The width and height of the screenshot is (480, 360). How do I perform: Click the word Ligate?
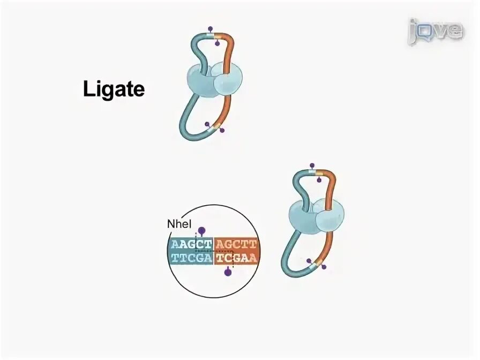pos(114,89)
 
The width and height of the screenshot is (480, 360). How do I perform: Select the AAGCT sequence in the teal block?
pos(191,245)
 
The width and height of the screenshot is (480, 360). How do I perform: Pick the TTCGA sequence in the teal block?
pos(191,258)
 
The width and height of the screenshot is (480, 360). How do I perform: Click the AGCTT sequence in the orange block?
pos(236,245)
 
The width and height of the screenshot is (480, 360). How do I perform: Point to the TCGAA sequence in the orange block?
pos(236,258)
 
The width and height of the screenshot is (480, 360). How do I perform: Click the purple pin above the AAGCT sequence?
pos(201,231)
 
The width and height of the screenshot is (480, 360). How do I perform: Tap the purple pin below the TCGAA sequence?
pos(228,272)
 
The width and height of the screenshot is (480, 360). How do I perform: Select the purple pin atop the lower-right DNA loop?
pos(312,164)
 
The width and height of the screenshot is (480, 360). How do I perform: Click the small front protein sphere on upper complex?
pos(228,83)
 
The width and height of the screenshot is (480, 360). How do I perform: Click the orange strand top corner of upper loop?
pos(229,40)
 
